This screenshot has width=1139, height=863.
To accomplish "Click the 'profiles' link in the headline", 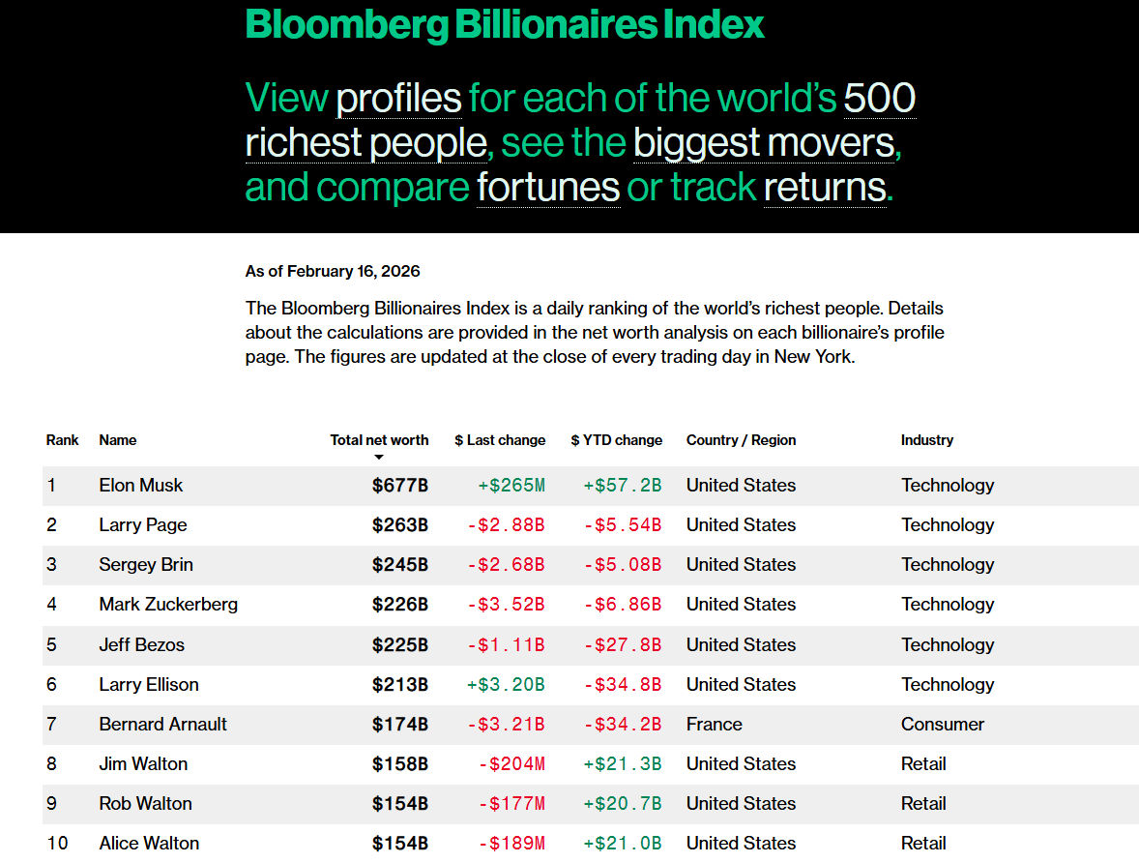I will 398,100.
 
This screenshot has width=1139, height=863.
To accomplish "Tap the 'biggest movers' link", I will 764,144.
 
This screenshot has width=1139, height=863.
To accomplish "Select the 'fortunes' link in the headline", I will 547,188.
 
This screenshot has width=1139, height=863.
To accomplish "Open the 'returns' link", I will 824,188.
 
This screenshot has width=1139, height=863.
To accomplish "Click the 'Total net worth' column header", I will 379,440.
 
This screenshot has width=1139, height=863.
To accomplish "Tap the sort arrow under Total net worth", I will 379,457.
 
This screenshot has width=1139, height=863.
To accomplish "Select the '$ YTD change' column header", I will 616,440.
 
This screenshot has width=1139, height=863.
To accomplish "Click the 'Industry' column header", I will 926,440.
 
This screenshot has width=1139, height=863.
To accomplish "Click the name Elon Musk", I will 140,486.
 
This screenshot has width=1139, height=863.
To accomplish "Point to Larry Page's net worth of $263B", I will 399,525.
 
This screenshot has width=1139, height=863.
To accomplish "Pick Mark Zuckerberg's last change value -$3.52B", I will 506,605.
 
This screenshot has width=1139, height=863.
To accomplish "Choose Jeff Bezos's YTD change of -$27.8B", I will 622,644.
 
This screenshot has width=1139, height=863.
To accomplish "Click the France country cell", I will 714,724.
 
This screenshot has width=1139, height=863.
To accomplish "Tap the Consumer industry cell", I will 942,724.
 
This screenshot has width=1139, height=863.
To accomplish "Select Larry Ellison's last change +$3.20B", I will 506,684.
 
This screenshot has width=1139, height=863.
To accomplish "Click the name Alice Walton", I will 149,843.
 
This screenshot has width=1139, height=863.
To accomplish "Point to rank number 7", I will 51,724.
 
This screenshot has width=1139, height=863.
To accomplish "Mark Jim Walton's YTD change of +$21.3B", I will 622,763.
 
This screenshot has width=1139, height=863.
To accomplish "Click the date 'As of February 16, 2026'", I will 333,272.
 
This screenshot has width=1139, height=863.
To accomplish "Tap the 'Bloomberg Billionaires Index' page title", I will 505,23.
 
